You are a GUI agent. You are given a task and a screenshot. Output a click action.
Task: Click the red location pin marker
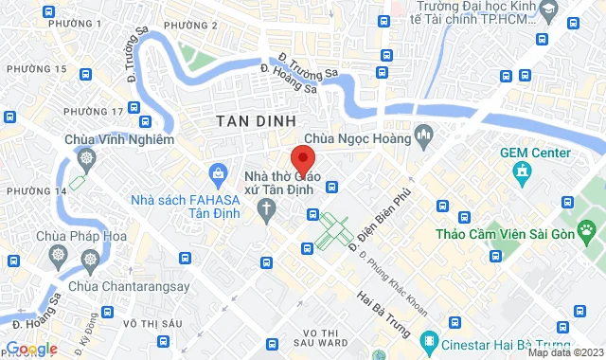pyautogui.click(x=302, y=158)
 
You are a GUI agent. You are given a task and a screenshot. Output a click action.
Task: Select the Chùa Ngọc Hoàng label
pyautogui.click(x=364, y=138)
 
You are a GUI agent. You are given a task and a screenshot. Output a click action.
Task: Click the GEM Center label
pyautogui.click(x=537, y=153)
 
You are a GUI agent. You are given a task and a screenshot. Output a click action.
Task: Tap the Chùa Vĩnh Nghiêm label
pyautogui.click(x=119, y=139)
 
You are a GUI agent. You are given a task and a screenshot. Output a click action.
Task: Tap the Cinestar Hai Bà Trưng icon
pyautogui.click(x=431, y=338)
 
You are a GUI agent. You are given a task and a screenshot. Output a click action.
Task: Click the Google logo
pyautogui.click(x=31, y=349)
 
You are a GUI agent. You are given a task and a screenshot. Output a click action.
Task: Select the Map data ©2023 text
pyautogui.click(x=564, y=352)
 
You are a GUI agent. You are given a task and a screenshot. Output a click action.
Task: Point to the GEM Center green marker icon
pyautogui.click(x=521, y=171)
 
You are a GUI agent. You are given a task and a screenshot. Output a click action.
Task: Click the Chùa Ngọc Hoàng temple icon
pyautogui.click(x=423, y=138)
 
